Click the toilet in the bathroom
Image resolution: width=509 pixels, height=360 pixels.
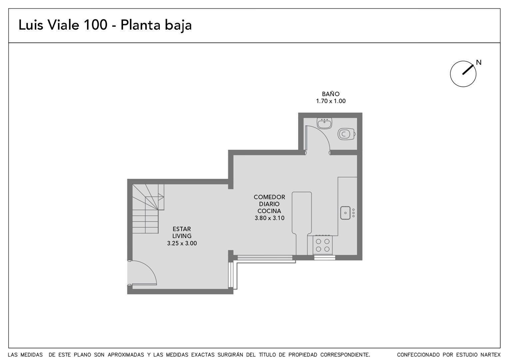tap(346, 134)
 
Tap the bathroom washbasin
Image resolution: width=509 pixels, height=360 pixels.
tap(324, 123)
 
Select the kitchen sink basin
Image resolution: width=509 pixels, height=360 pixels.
tap(345, 213)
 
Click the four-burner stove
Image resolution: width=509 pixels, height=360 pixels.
tap(323, 245)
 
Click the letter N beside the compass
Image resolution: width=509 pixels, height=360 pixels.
tap(479, 62)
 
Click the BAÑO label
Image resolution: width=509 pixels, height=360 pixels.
tap(331, 94)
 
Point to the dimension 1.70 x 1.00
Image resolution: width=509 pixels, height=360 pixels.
tap(331, 101)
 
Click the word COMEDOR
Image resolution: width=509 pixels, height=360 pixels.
tap(269, 197)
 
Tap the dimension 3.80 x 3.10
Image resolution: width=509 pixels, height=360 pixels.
tap(269, 218)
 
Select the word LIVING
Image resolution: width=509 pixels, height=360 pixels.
tap(182, 236)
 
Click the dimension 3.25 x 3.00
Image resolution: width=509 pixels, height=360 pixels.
tap(182, 243)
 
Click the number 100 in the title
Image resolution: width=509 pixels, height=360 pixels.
tap(95, 25)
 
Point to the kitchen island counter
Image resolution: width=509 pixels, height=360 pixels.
tap(301, 213)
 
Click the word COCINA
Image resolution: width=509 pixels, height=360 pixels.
tap(269, 211)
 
